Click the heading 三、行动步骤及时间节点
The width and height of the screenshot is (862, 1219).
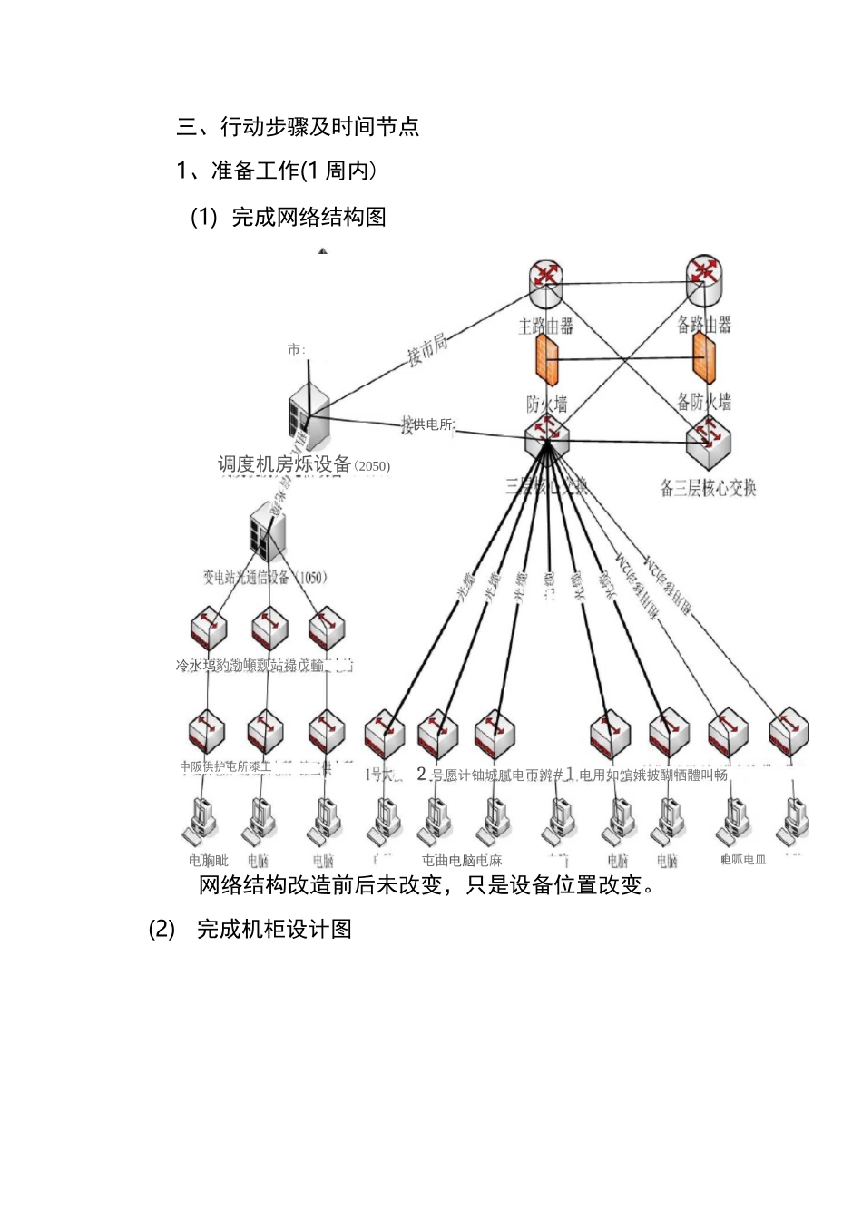298,126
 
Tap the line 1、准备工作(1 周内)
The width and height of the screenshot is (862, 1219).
277,171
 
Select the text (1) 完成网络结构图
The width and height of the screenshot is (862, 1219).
289,217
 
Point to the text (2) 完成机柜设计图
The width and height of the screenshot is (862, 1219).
250,929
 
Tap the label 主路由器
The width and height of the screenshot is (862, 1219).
545,325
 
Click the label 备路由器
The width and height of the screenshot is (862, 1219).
704,323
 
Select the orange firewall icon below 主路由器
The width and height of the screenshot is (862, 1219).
546,361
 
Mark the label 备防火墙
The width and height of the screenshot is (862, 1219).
704,401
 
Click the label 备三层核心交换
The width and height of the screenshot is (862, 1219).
708,488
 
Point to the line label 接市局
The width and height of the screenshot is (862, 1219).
427,350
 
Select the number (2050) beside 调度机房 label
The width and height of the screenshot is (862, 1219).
372,466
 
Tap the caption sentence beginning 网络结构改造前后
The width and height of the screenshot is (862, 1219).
426,885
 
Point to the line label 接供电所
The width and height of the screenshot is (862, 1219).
428,424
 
